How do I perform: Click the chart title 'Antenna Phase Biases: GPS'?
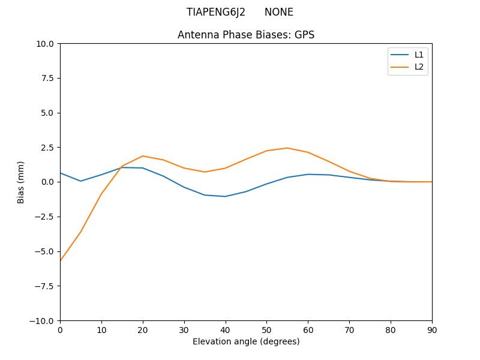[x=246, y=35]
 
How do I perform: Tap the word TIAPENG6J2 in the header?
[x=216, y=12]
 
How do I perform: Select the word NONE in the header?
[x=279, y=12]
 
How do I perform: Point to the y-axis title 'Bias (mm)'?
[x=21, y=182]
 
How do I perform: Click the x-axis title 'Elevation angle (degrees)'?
[x=246, y=341]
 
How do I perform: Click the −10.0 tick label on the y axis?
[x=43, y=321]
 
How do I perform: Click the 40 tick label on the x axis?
[x=226, y=330]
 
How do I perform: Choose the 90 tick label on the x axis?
[x=432, y=330]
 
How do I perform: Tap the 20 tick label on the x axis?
[x=143, y=330]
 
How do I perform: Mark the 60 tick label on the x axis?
[x=308, y=330]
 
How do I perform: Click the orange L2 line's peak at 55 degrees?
[x=287, y=148]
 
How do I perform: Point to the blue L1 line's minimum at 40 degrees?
[x=226, y=196]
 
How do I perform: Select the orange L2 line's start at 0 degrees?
[x=61, y=260]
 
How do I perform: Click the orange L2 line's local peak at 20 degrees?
[x=143, y=156]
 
